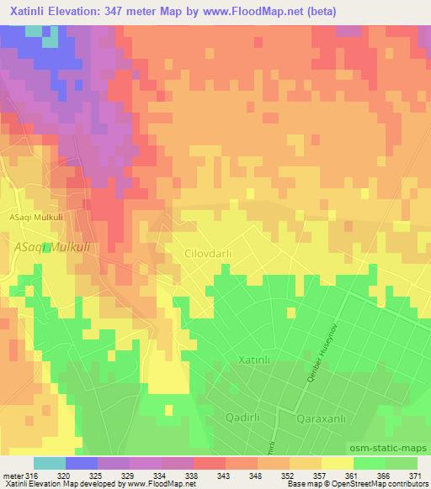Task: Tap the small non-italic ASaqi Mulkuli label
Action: click(38, 214)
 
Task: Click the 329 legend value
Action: click(130, 476)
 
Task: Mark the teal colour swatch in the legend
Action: click(50, 463)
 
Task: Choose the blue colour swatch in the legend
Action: click(82, 463)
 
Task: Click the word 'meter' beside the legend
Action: click(13, 476)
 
